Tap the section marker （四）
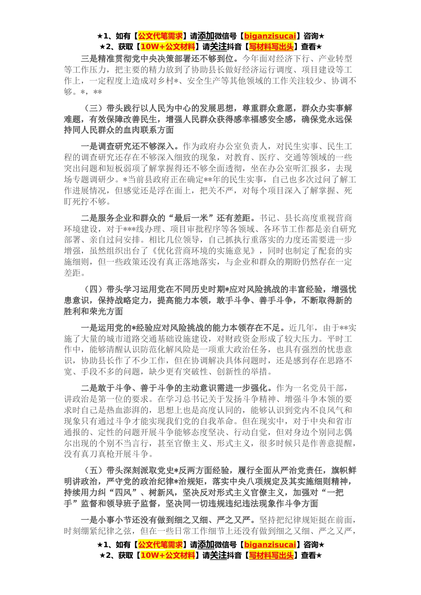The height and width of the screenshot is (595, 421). [93, 290]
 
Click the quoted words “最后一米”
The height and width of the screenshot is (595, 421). [190, 218]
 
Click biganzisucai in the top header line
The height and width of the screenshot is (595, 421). [270, 36]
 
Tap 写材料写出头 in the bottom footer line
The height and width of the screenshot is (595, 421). [271, 555]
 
